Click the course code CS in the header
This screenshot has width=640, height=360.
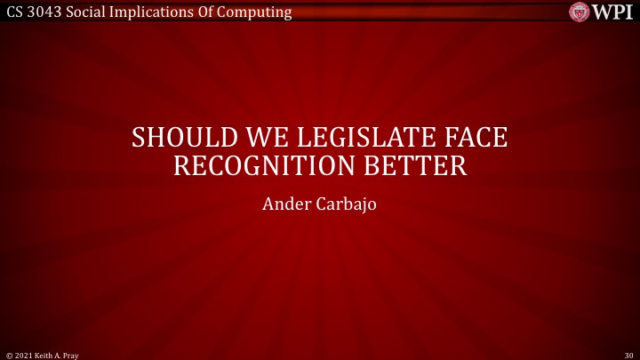pyautogui.click(x=12, y=12)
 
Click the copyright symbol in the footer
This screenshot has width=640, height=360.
pyautogui.click(x=7, y=353)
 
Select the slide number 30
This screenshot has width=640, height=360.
pyautogui.click(x=629, y=353)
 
